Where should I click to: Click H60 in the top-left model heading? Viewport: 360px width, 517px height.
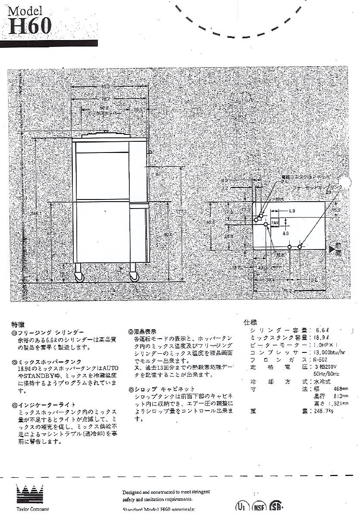[x=30, y=28]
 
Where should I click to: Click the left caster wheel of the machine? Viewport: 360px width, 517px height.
[x=79, y=277]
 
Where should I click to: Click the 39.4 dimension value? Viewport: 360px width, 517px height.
[x=270, y=280]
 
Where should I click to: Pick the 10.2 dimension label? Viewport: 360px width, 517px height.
[x=313, y=280]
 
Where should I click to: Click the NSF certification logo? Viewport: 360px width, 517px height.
[x=258, y=505]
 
